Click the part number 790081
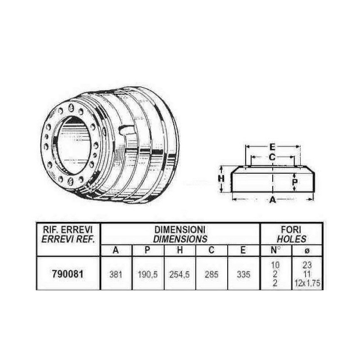click(x=68, y=274)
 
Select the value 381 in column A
click(x=116, y=274)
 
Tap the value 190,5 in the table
click(x=148, y=274)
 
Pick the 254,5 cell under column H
click(x=180, y=274)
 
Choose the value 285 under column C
click(x=211, y=274)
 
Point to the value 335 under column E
click(x=243, y=274)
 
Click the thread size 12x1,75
click(x=307, y=283)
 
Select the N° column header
click(x=275, y=250)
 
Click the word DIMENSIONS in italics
click(x=180, y=239)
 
